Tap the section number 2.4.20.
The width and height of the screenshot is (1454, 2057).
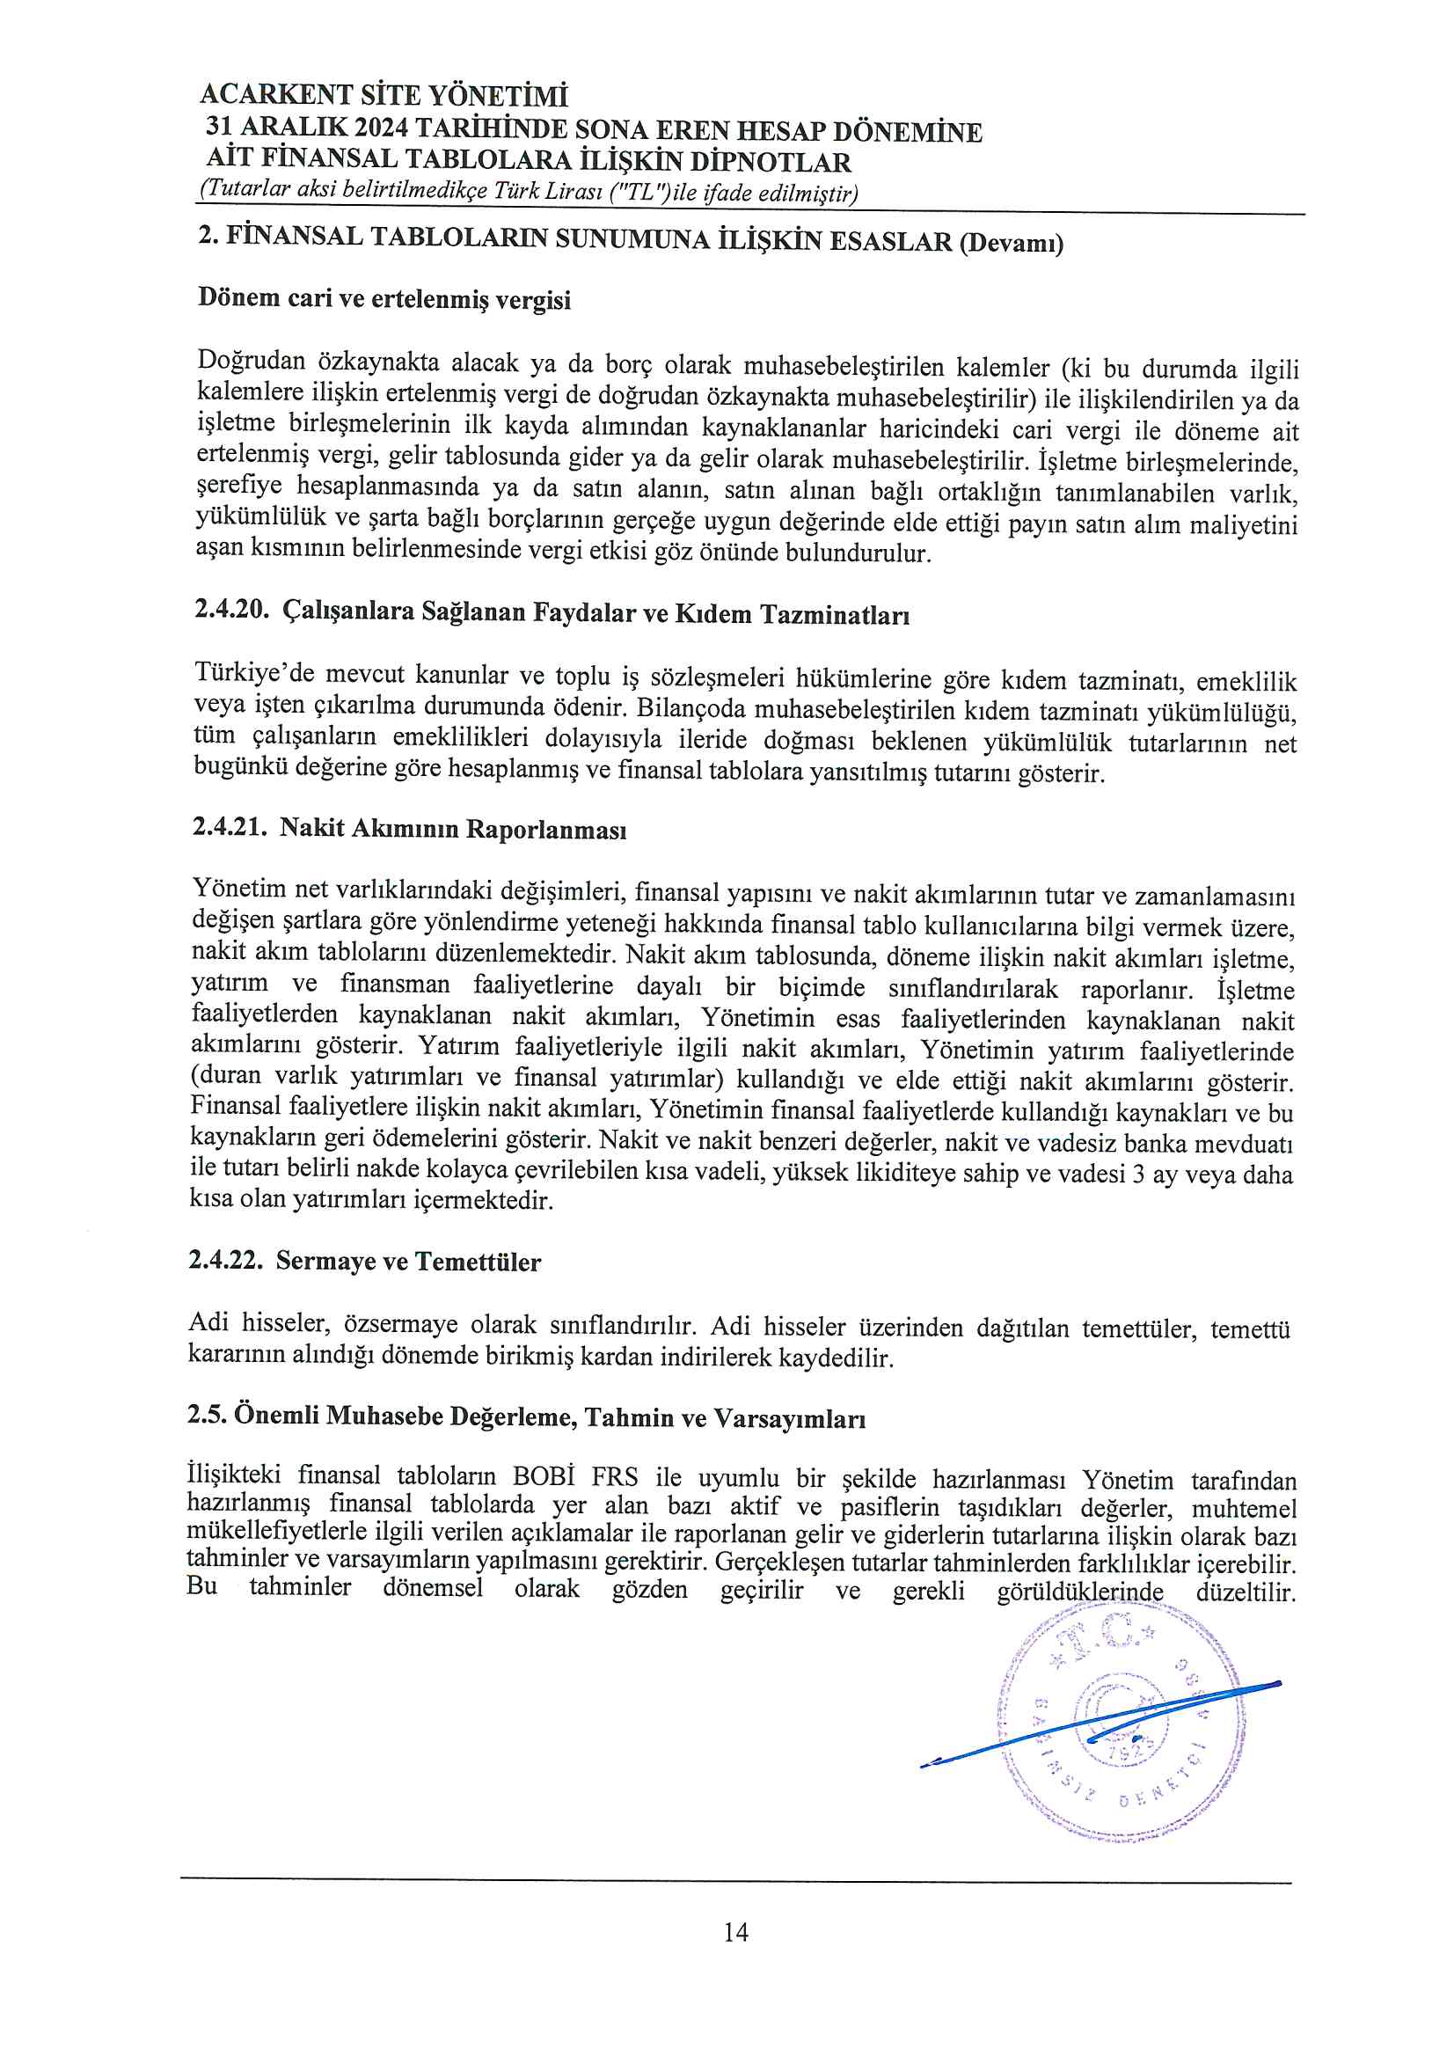coord(231,609)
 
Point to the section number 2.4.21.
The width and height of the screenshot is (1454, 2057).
coord(230,826)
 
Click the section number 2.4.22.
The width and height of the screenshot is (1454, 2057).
coord(226,1260)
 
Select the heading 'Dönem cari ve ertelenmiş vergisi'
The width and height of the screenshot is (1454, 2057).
coord(384,298)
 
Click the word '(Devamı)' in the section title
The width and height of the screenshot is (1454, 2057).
coord(1011,243)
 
